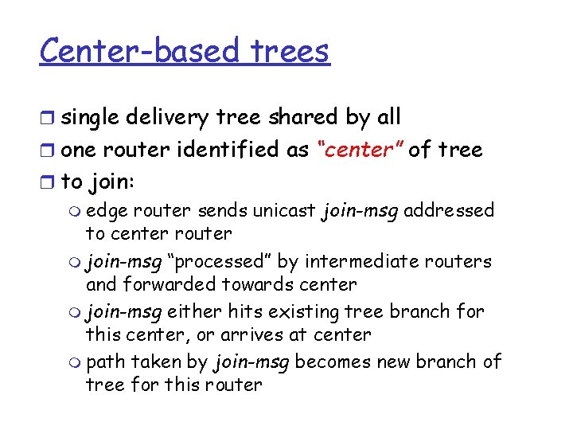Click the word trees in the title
click(289, 52)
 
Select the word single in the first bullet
click(88, 118)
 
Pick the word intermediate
click(380, 261)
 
